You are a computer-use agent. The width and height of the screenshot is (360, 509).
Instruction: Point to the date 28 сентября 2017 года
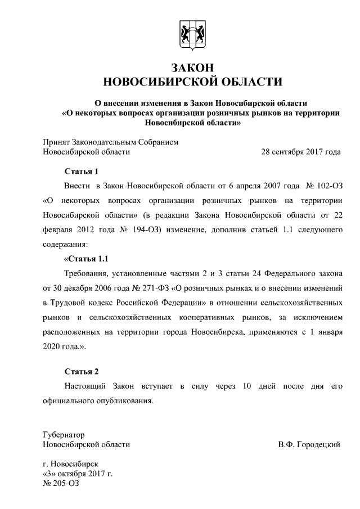coord(301,152)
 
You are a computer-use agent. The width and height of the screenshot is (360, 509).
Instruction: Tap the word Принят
coord(56,142)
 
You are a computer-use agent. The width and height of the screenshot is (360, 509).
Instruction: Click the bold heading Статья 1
coord(82,172)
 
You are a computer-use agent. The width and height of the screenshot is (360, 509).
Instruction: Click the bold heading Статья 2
coord(82,372)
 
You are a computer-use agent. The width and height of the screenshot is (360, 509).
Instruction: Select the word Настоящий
coord(87,387)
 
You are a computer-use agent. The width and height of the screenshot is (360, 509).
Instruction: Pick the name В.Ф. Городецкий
coord(309,444)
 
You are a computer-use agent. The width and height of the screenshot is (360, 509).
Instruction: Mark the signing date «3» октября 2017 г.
coord(78,474)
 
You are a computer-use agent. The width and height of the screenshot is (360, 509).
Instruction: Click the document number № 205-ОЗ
coord(61,483)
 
